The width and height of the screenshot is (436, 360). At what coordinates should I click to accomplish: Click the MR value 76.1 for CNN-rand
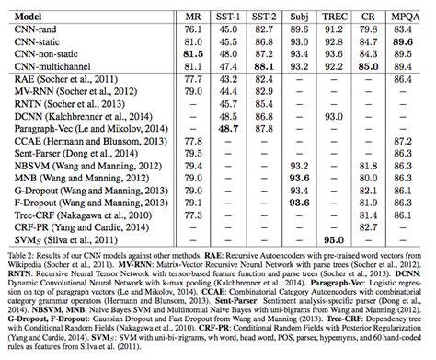click(193, 30)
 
